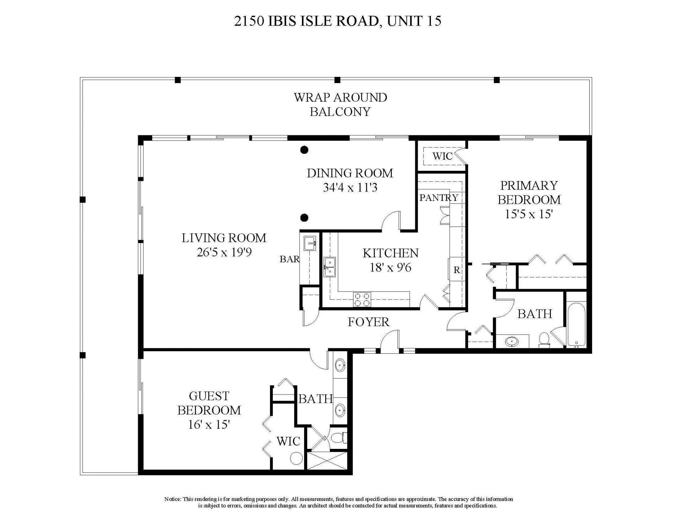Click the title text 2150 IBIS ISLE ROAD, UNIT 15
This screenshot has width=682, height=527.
(x=337, y=21)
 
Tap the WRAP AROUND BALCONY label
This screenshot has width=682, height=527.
(x=340, y=104)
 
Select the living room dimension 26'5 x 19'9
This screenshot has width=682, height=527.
(x=224, y=252)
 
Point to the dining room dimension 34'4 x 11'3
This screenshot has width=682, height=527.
(x=350, y=188)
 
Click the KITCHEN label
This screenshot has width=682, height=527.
(x=390, y=253)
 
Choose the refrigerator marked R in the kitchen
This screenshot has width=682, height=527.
(x=456, y=270)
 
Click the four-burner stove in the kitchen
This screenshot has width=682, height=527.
(x=362, y=299)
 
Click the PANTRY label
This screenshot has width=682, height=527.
(x=439, y=198)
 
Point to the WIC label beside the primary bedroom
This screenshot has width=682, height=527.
(x=442, y=156)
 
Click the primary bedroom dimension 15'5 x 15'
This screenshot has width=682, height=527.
(x=529, y=214)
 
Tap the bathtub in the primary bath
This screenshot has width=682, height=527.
(x=576, y=325)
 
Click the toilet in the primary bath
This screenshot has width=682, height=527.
(x=544, y=339)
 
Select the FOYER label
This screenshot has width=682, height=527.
(x=368, y=322)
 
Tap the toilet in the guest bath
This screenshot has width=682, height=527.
(x=339, y=438)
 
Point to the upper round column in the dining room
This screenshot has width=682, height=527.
(x=304, y=150)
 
